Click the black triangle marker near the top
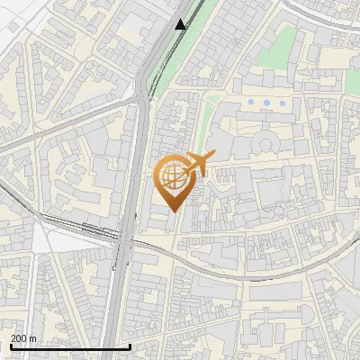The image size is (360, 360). (181, 24)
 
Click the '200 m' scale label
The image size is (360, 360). (23, 337)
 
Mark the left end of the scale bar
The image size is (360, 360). (10, 346)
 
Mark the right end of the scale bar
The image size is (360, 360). (131, 346)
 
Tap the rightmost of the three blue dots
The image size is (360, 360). (283, 103)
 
